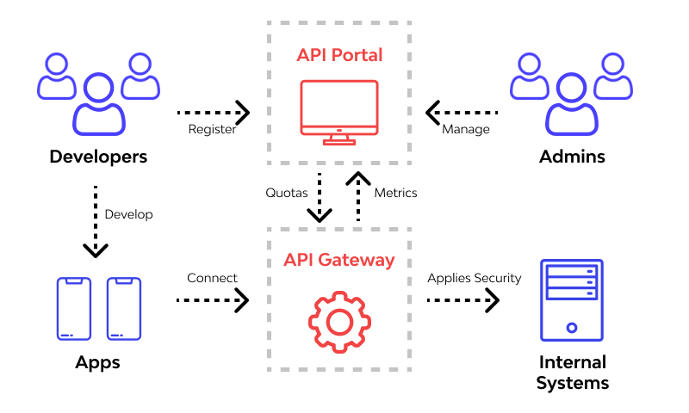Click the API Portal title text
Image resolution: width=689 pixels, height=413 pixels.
339,56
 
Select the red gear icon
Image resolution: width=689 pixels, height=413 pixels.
338,322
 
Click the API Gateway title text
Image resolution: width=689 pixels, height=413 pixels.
339,260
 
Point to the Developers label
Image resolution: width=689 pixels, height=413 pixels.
98,157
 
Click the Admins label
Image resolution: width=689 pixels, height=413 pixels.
572,157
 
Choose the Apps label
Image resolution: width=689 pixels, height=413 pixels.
97,362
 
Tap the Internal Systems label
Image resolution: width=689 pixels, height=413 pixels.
572,373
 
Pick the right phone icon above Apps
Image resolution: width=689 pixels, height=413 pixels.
123,308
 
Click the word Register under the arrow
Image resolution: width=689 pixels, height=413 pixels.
212,130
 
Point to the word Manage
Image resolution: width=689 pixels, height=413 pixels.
465,130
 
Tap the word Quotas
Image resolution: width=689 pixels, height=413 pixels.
286,193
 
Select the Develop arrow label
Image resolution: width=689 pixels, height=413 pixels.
128,214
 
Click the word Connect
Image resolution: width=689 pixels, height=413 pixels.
212,278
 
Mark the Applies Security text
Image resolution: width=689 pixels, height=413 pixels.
475,278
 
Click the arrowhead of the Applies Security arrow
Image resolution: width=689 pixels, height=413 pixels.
493,299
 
